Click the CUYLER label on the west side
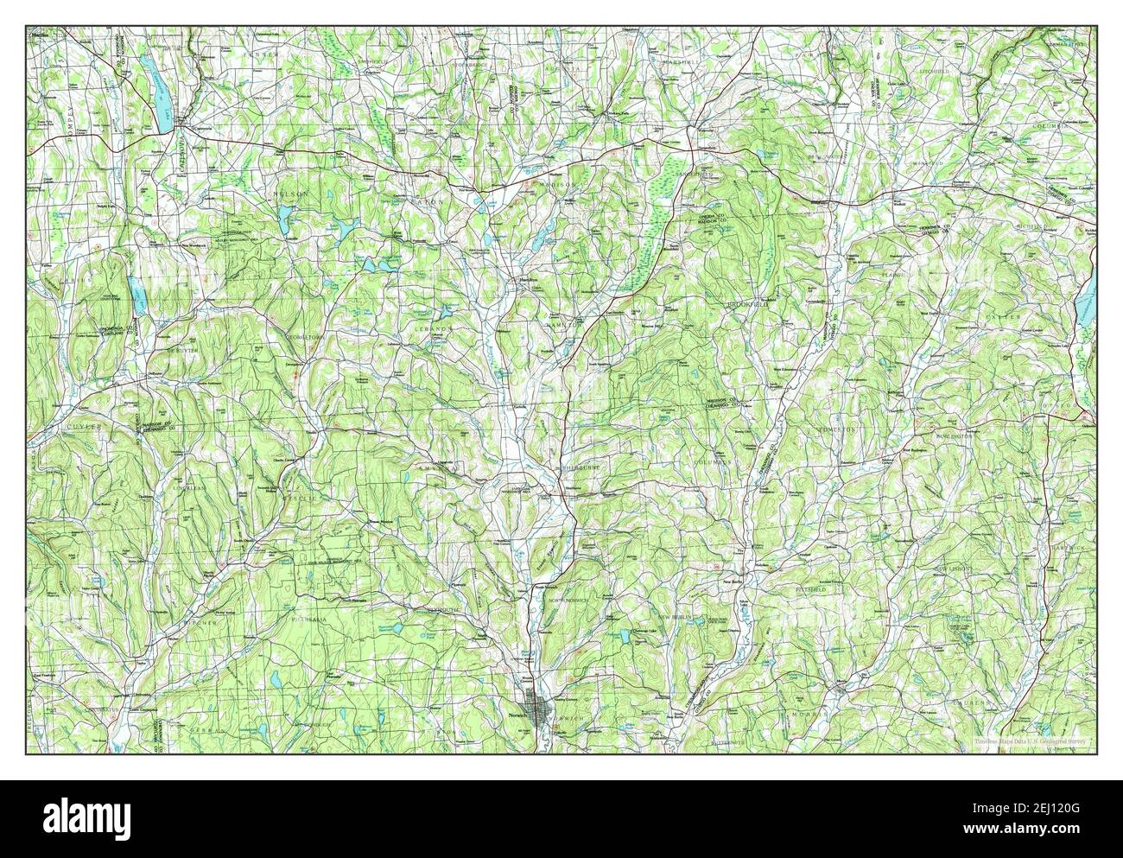[82, 427]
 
